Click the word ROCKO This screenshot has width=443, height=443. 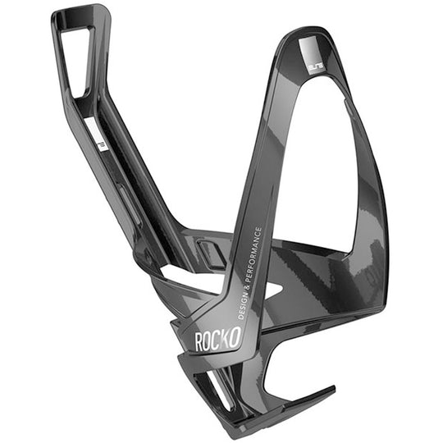pyautogui.click(x=217, y=339)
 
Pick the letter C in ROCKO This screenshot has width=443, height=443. pyautogui.click(x=217, y=339)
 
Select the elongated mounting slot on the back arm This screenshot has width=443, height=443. pyautogui.click(x=123, y=197)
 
